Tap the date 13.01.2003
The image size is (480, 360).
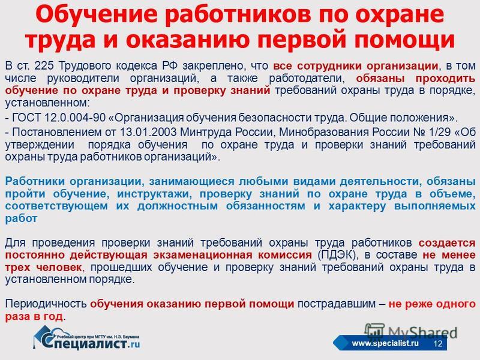coord(148,132)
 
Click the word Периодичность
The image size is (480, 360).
coord(46,304)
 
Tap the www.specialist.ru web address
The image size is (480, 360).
coord(385,343)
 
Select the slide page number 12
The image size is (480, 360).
coord(438,343)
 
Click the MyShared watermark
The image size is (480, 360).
coord(411,332)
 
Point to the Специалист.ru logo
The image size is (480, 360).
coord(86,338)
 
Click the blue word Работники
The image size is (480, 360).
coord(35,182)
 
